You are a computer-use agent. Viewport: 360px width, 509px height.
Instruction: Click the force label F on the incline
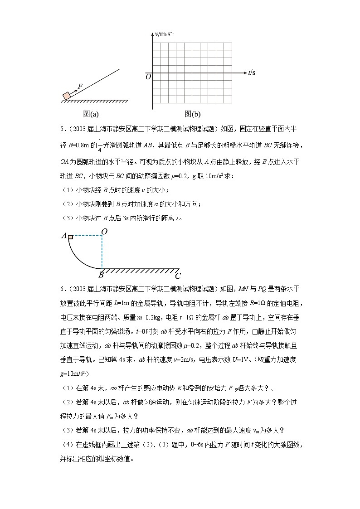[80, 86]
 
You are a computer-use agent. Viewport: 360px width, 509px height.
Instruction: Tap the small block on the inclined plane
[67, 95]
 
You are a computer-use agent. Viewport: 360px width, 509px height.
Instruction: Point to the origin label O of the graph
[148, 77]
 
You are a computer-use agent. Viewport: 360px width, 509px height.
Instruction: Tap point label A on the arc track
[64, 235]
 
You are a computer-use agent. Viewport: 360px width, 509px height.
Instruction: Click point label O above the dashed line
[104, 232]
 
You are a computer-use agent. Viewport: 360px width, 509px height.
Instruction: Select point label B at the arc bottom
[101, 274]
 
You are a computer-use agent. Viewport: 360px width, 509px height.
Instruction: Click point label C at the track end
[178, 275]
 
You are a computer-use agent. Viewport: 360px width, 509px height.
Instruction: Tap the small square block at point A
[71, 236]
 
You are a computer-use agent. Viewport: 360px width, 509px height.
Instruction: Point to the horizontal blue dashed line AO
[87, 236]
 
